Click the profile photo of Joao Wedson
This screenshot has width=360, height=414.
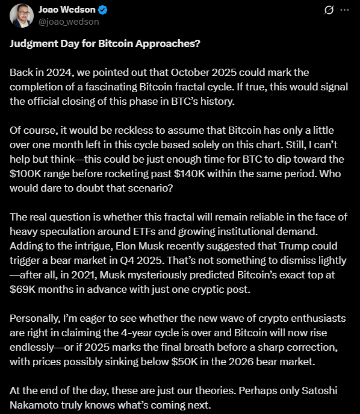point(17,16)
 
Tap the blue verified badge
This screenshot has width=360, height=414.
point(104,10)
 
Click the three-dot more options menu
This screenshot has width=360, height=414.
point(344,10)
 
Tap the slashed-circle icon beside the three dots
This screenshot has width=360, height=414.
point(329,10)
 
